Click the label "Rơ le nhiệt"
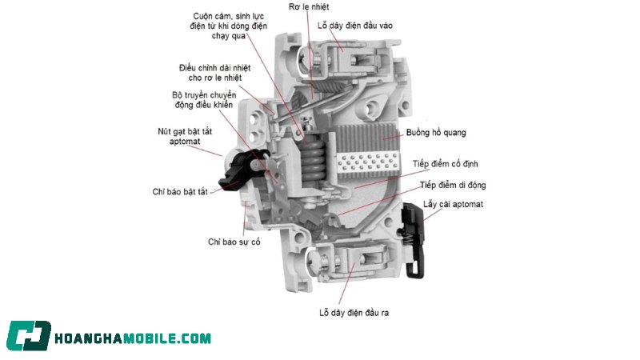309,6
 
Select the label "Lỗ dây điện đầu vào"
354,26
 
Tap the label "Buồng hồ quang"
436,132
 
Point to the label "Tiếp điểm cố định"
445,164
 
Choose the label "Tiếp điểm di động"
453,185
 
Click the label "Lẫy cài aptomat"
453,204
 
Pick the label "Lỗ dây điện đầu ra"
354,313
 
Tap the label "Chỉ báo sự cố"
234,242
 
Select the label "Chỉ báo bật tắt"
180,191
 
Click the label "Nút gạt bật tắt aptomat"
185,136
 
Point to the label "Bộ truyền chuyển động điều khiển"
204,99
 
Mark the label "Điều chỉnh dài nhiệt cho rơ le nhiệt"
214,73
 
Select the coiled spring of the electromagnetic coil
313,161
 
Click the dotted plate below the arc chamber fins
368,162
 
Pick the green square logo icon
29,335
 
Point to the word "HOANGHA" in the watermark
89,338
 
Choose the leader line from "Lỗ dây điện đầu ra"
346,283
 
